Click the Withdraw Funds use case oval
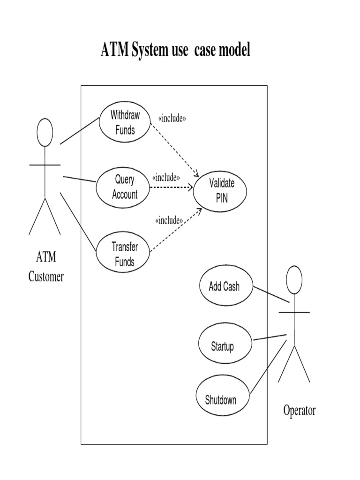[x=125, y=122]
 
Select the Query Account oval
[x=123, y=187]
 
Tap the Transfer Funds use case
[x=124, y=254]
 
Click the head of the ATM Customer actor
[x=45, y=131]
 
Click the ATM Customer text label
[x=46, y=267]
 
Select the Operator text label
[x=299, y=411]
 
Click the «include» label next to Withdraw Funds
[x=172, y=118]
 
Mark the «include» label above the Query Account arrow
[x=166, y=178]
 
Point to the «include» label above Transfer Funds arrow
[x=168, y=219]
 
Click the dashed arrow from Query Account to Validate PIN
[x=171, y=187]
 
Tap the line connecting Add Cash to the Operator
[x=271, y=294]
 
